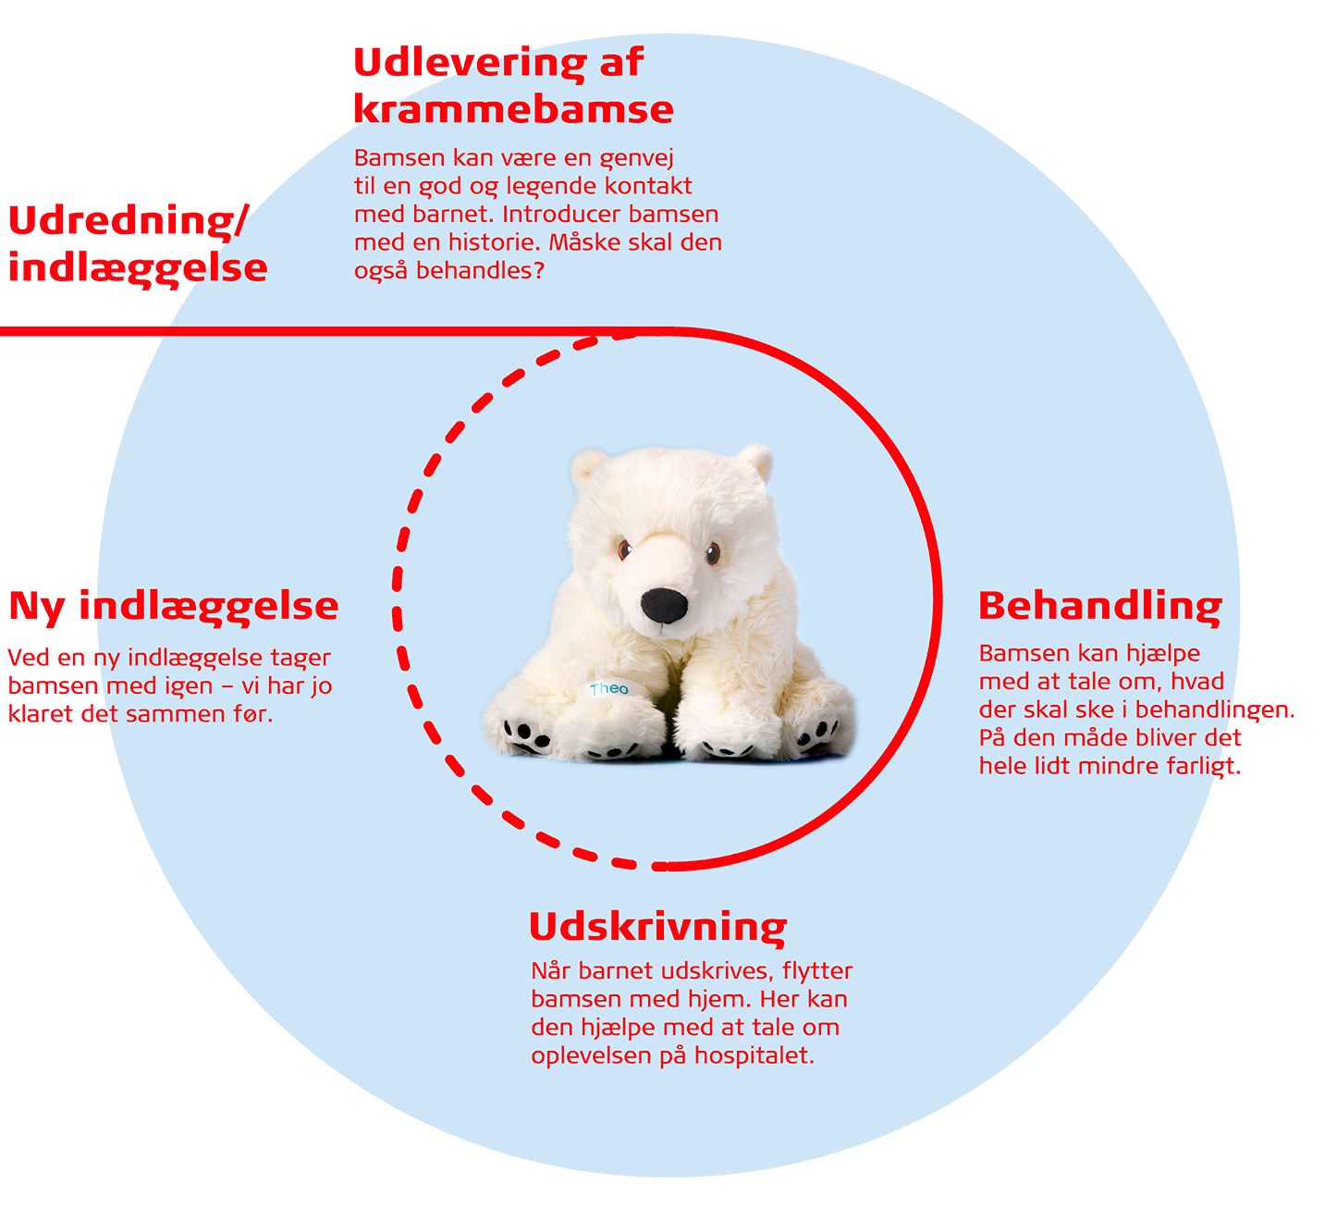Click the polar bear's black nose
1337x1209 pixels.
[x=665, y=605]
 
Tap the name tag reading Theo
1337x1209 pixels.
[x=608, y=688]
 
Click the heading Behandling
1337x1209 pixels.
[x=1100, y=607]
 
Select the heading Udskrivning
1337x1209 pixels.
[x=657, y=927]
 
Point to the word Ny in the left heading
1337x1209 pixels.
[x=37, y=607]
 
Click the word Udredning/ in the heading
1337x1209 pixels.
[x=129, y=221]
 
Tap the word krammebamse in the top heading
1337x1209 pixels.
[x=513, y=109]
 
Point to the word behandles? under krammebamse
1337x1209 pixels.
[x=480, y=271]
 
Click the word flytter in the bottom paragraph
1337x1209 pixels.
[x=817, y=971]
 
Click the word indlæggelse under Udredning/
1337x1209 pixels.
[x=138, y=268]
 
